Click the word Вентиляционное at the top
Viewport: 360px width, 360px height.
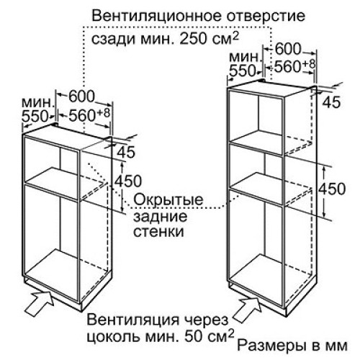coord(156,17)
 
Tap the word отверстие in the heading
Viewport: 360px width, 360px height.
coord(266,17)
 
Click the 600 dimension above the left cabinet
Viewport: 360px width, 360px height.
coord(81,96)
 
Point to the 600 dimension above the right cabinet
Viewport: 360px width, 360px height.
coord(288,49)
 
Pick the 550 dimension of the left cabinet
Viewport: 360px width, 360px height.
coord(35,117)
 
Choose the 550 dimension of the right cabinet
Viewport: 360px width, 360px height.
coord(243,71)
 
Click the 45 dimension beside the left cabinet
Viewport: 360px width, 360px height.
coord(127,152)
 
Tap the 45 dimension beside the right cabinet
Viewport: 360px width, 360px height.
coord(331,102)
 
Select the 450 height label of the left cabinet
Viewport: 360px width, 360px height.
coord(128,181)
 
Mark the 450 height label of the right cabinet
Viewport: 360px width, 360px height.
coord(332,189)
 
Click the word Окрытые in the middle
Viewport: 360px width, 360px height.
coord(168,199)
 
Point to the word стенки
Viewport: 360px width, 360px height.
coord(158,232)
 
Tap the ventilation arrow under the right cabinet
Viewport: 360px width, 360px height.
coord(247,309)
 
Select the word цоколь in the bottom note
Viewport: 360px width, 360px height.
coord(113,338)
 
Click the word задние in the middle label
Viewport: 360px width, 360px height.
coord(160,217)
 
